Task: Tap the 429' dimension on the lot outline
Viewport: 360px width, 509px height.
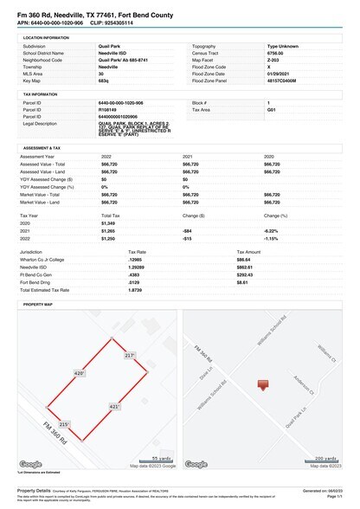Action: click(80, 373)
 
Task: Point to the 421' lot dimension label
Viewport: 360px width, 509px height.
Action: click(114, 406)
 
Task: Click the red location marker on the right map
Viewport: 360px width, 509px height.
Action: click(264, 384)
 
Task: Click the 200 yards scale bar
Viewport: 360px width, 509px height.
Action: click(324, 460)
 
